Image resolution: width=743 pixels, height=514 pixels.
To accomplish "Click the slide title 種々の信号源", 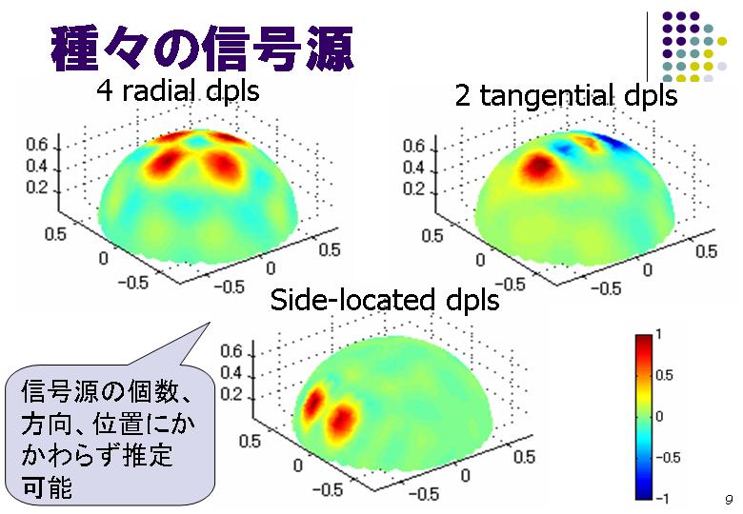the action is pyautogui.click(x=202, y=49).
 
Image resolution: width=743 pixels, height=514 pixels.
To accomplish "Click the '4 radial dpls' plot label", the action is pyautogui.click(x=178, y=89).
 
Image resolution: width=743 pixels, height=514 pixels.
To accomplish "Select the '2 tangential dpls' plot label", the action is pyautogui.click(x=566, y=95).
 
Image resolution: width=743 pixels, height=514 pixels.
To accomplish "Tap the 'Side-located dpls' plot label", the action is pyautogui.click(x=385, y=300).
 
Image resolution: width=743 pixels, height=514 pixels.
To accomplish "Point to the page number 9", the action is pyautogui.click(x=729, y=500).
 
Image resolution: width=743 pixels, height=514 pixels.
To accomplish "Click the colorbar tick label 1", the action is pyautogui.click(x=658, y=334).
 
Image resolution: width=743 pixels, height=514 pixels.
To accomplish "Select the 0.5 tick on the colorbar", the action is pyautogui.click(x=664, y=375).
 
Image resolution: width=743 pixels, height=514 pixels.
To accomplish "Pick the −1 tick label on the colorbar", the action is pyautogui.click(x=662, y=498).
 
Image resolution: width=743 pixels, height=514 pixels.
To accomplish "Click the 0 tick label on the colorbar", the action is pyautogui.click(x=659, y=417).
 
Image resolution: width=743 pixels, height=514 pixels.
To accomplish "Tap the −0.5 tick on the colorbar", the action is pyautogui.click(x=668, y=457).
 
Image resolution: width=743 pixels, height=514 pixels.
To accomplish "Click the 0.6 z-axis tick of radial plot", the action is pyautogui.click(x=36, y=145).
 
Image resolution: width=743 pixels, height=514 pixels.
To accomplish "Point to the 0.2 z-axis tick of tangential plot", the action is pyautogui.click(x=413, y=189).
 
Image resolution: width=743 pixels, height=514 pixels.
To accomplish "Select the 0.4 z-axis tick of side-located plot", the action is pyautogui.click(x=231, y=373).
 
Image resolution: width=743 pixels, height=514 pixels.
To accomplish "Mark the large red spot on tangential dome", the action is pyautogui.click(x=539, y=167).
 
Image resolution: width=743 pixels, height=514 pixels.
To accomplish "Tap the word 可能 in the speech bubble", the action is pyautogui.click(x=47, y=486).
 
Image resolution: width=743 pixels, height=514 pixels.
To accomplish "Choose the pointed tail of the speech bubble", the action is pyautogui.click(x=209, y=324).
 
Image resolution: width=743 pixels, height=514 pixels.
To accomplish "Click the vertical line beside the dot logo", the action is pyautogui.click(x=648, y=47).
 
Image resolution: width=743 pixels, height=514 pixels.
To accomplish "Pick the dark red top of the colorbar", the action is pyautogui.click(x=644, y=340).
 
